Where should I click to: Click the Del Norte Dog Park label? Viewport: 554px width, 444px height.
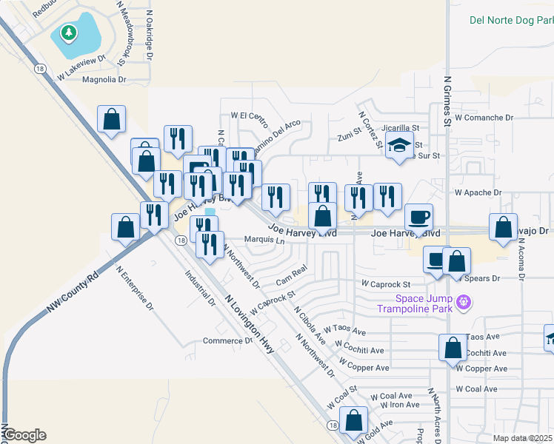(x=511, y=20)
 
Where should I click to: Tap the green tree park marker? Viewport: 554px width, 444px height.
(x=69, y=33)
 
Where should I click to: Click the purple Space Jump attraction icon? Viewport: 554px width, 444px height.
(x=464, y=302)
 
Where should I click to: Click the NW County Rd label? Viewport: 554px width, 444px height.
(x=73, y=294)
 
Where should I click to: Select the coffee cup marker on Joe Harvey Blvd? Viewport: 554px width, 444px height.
(x=418, y=218)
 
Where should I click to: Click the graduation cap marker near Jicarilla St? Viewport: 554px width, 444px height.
(x=399, y=146)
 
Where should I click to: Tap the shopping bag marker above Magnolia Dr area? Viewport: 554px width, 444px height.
(x=111, y=118)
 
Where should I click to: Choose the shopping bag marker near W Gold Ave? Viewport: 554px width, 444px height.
(x=354, y=421)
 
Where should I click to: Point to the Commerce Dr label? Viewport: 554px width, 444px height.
(x=227, y=341)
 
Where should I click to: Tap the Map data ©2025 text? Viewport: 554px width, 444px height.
(x=522, y=438)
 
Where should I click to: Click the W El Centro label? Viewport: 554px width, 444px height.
(x=249, y=116)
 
